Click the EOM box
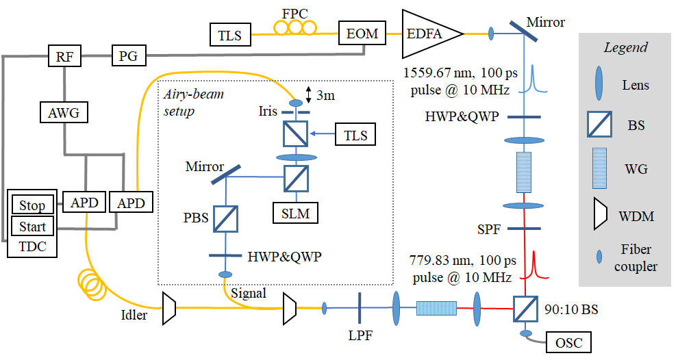(362, 34)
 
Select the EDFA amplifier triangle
(428, 34)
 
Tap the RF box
(64, 55)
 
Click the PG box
(129, 55)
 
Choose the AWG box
(64, 112)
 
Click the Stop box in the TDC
(32, 205)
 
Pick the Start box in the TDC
(32, 227)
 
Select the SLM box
(295, 213)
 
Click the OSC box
(568, 343)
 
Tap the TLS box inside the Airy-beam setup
(355, 135)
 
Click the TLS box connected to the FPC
(230, 35)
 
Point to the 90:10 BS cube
(525, 309)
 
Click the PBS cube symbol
(226, 219)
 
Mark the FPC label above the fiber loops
(295, 14)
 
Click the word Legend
(626, 47)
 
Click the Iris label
(268, 111)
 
